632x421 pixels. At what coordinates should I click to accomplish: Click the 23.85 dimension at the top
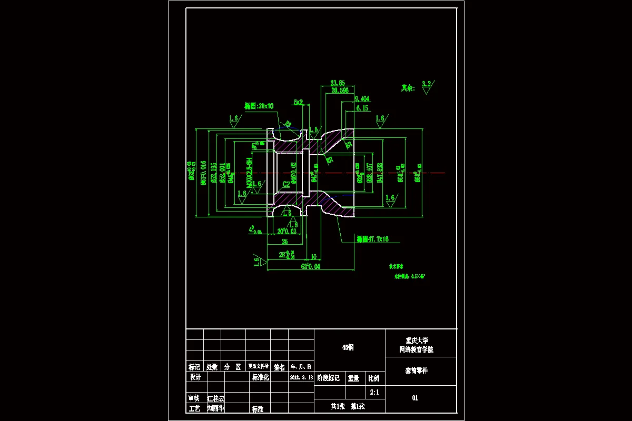(337, 83)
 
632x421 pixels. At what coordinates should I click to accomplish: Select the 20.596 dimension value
(340, 91)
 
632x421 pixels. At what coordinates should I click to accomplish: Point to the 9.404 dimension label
(362, 98)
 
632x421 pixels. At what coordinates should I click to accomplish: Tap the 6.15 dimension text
(362, 108)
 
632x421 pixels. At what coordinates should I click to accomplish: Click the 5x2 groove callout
(298, 102)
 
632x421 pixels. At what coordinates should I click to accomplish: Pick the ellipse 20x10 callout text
(259, 106)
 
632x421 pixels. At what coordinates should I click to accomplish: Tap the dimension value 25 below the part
(285, 242)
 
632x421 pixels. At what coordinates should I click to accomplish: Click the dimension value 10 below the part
(313, 257)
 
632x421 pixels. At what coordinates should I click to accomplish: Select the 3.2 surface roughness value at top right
(426, 84)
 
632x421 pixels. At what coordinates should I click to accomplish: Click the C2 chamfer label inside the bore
(286, 184)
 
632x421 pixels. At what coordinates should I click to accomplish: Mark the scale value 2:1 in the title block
(374, 392)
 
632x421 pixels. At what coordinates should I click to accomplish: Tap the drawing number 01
(415, 398)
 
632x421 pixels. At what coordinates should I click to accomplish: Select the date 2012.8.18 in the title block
(301, 378)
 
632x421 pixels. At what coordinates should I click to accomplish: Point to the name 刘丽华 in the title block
(216, 407)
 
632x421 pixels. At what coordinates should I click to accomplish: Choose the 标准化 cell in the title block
(261, 377)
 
